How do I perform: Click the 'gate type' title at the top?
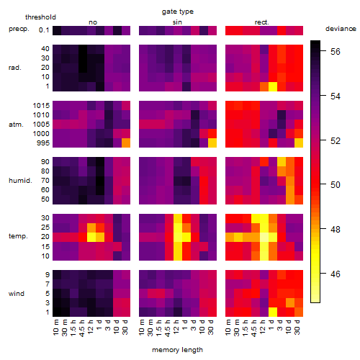point(178,12)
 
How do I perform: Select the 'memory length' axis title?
point(178,350)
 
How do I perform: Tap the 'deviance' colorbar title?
point(341,29)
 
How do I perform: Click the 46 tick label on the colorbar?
point(336,274)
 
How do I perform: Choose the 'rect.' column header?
point(262,22)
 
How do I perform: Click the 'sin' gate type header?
point(177,22)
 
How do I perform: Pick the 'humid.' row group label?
point(20,181)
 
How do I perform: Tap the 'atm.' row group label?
point(16,125)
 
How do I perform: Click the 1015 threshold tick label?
point(41,106)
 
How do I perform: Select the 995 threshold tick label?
point(43,143)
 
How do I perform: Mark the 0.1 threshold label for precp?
point(44,30)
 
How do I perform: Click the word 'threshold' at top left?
point(40,17)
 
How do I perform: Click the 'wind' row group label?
point(17,294)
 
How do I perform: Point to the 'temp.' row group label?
point(18,236)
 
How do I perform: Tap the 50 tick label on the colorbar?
point(336,185)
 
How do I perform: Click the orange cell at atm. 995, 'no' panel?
point(126,143)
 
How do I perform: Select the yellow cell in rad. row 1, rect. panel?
point(273,86)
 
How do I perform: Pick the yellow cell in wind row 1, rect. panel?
point(273,312)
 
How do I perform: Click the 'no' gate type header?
point(93,22)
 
